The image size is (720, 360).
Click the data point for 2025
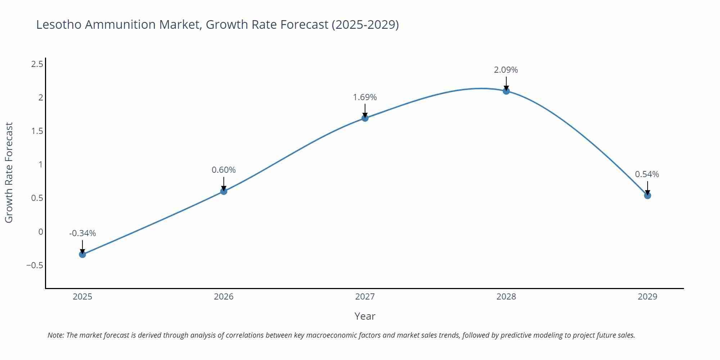(x=82, y=254)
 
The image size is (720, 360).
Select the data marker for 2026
(x=224, y=191)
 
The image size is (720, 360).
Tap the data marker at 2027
(x=365, y=118)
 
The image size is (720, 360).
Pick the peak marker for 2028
(x=506, y=91)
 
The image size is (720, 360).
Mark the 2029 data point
(x=647, y=195)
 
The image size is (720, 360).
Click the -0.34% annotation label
(x=82, y=233)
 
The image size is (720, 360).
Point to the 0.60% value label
(x=224, y=170)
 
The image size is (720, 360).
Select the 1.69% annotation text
(x=365, y=97)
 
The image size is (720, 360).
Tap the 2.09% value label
(x=506, y=70)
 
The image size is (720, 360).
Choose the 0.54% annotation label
(x=647, y=174)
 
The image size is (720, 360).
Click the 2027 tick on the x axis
(x=365, y=297)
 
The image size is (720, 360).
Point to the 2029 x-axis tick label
(x=647, y=297)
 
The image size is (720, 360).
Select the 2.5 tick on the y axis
(x=37, y=64)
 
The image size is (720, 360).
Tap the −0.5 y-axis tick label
(x=35, y=266)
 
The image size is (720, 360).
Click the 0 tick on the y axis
(x=41, y=232)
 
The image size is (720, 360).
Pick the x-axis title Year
(x=365, y=316)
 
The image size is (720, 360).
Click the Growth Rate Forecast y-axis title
(x=9, y=172)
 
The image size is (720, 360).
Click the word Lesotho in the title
(x=59, y=24)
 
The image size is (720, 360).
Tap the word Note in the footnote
(x=55, y=335)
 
